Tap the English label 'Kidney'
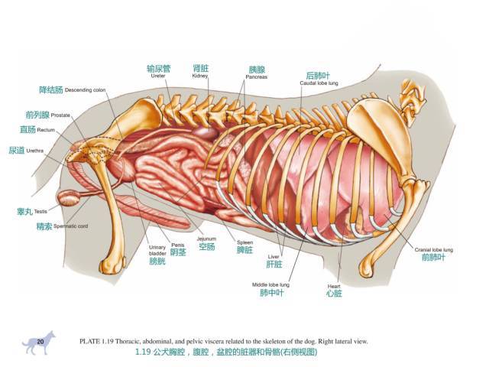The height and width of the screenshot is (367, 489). pyautogui.click(x=200, y=76)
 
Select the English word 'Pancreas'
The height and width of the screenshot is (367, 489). pyautogui.click(x=257, y=77)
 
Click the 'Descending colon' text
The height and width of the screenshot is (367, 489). pyautogui.click(x=85, y=90)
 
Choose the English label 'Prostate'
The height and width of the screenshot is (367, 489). pyautogui.click(x=61, y=115)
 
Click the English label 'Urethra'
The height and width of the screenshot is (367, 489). pyautogui.click(x=35, y=151)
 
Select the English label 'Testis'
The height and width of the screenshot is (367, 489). pyautogui.click(x=40, y=211)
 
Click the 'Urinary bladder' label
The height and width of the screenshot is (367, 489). pyautogui.click(x=157, y=249)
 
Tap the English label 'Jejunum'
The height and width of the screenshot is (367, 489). pyautogui.click(x=206, y=239)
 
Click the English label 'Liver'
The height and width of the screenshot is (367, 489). pyautogui.click(x=274, y=256)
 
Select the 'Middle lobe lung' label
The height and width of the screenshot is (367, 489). pyautogui.click(x=270, y=284)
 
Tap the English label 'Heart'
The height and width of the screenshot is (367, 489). pyautogui.click(x=333, y=286)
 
